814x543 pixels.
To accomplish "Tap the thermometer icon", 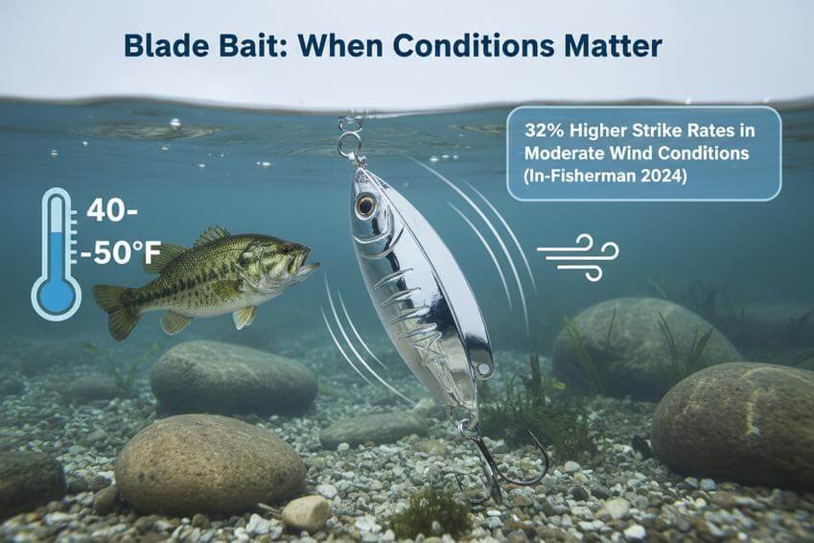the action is click(x=56, y=253).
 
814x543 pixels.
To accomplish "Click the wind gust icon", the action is click(x=578, y=258).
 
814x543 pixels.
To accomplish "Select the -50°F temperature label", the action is click(x=120, y=253).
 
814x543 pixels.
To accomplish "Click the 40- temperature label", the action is click(x=111, y=211).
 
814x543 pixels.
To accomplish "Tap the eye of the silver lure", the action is click(x=365, y=205).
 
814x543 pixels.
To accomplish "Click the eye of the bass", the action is click(x=286, y=249).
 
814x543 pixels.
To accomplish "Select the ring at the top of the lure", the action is click(x=348, y=145).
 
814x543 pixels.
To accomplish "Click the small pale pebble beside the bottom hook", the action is click(x=306, y=512).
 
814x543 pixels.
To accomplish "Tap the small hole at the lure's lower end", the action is click(x=485, y=369).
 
